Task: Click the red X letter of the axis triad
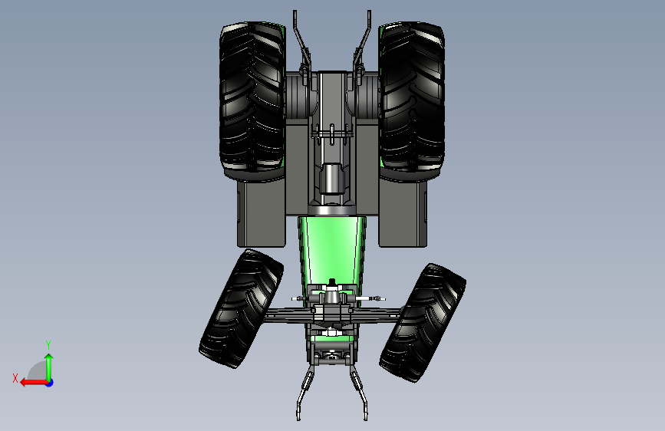[15, 378]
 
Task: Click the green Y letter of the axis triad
[48, 344]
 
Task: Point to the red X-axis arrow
[35, 383]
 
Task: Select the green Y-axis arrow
[49, 367]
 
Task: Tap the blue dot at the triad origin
[50, 383]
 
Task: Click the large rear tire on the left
[252, 101]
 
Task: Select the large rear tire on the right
[411, 101]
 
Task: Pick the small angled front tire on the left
[241, 308]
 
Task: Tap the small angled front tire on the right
[423, 322]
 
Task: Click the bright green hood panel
[331, 250]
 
